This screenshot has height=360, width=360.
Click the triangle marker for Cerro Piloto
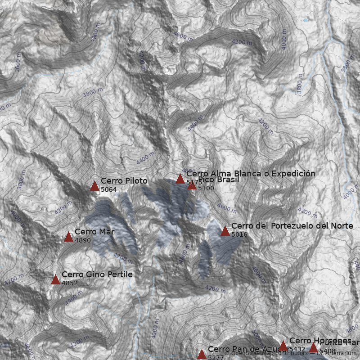point(94,186)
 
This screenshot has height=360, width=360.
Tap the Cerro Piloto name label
point(124,181)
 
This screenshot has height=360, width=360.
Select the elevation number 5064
point(108,190)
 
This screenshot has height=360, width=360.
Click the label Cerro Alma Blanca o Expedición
point(251,174)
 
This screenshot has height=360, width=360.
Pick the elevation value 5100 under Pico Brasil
point(206,189)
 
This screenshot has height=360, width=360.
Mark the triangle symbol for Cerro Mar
point(68,237)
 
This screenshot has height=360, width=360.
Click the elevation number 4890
point(83,241)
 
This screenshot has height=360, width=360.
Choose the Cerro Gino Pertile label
point(97,274)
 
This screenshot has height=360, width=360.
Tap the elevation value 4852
point(70,283)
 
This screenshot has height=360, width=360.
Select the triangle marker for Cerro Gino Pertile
point(55,279)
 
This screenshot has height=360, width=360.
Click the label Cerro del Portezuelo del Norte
point(292,226)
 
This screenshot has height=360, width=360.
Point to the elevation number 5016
point(239,234)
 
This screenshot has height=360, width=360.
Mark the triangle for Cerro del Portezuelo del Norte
point(225,231)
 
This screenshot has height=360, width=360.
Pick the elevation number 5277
point(216,357)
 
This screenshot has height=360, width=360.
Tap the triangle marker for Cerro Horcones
point(283,346)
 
